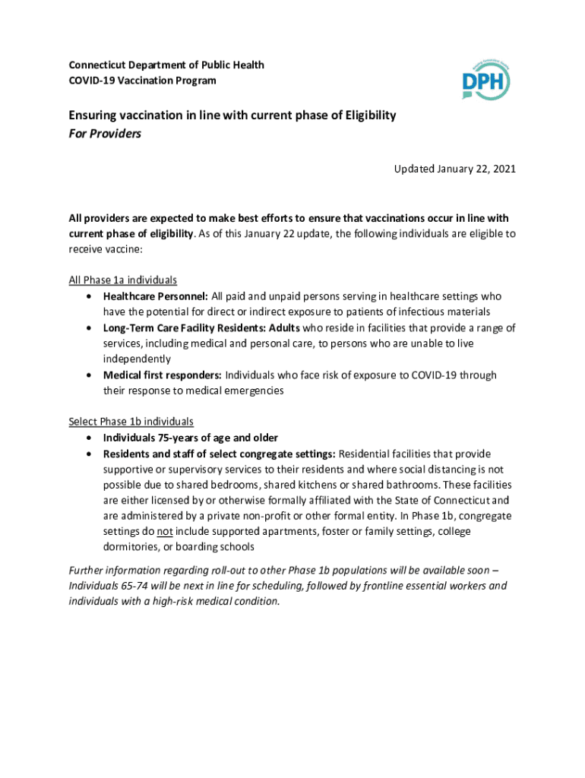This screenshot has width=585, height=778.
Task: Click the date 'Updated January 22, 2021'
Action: pos(454,169)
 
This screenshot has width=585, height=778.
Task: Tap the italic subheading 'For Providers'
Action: pos(105,134)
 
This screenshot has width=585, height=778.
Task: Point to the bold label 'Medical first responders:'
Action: pos(163,375)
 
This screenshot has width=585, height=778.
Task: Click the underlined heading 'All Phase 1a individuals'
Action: pos(123,280)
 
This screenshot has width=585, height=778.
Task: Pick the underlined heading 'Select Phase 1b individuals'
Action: pos(131,421)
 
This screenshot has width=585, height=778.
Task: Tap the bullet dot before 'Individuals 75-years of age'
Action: pos(90,438)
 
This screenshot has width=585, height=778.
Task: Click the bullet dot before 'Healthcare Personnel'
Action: pos(90,296)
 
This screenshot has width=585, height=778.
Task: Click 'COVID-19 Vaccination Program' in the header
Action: pos(142,81)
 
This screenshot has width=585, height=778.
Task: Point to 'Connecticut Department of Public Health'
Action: pos(166,65)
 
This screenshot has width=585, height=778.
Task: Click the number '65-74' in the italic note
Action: pos(134,587)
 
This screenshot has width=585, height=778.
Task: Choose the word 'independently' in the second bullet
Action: pos(137,359)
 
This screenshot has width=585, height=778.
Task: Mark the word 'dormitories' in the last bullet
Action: pos(133,547)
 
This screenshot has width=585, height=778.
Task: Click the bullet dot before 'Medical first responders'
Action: pos(90,375)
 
